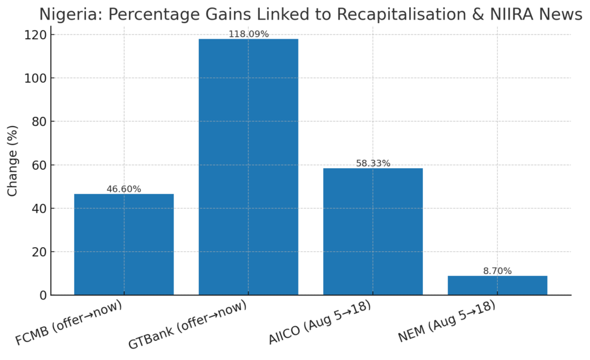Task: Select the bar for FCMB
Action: click(x=124, y=245)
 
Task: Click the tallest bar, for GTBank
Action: click(x=248, y=167)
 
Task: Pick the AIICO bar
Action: click(x=373, y=232)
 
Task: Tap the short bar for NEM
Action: click(x=497, y=286)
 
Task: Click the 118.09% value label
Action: click(x=248, y=34)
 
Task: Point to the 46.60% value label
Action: click(x=124, y=189)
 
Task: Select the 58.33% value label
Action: click(x=373, y=164)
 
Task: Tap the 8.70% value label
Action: click(x=497, y=271)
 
